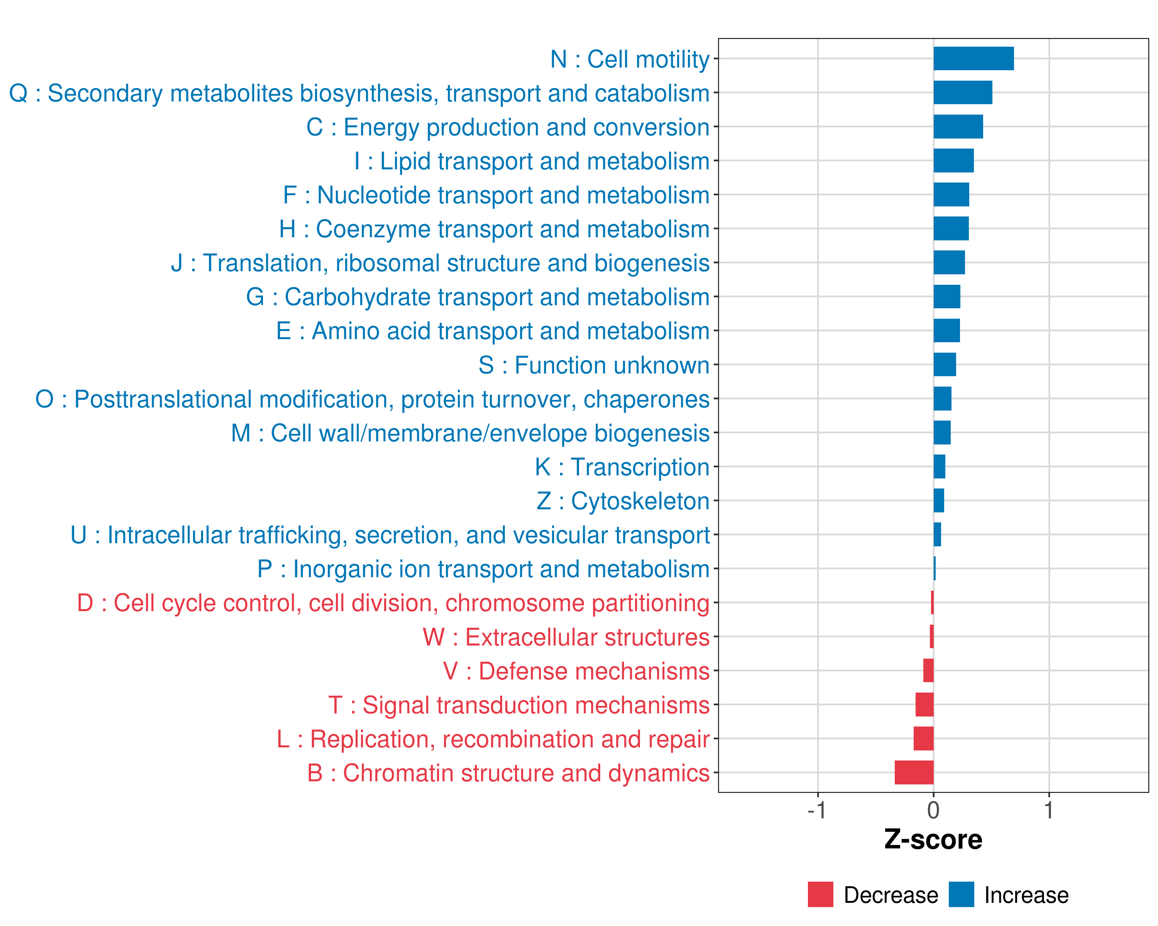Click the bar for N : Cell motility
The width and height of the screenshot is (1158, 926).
pos(973,59)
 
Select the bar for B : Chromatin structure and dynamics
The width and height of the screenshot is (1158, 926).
pos(914,772)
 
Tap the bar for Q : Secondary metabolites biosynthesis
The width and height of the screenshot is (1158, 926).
pos(963,92)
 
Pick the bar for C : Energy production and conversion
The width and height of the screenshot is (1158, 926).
pos(958,127)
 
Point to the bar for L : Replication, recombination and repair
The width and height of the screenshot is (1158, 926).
pos(923,738)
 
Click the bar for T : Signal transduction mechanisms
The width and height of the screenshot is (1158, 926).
pos(924,704)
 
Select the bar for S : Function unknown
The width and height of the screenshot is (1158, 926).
pos(945,365)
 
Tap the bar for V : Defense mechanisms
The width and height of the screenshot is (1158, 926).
pos(928,671)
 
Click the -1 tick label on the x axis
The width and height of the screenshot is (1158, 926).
pos(816,810)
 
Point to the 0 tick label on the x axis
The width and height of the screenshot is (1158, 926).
pos(933,810)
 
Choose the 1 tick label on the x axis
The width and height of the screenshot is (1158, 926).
pos(1048,810)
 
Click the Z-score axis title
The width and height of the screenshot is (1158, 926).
pos(933,840)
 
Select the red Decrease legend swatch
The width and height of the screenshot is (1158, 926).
pos(820,894)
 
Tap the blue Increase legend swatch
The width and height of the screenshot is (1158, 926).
pos(961,894)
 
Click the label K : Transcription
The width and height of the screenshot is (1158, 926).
pos(622,467)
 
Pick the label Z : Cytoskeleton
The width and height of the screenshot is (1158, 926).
pos(623,501)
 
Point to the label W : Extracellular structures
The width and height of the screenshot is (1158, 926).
pos(566,637)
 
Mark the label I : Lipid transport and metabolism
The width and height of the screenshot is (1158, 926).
pos(532,161)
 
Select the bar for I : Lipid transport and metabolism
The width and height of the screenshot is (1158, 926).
pos(953,161)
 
